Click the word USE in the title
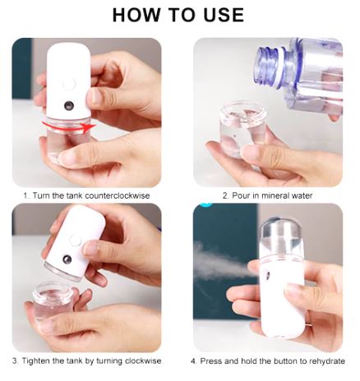tap(224, 15)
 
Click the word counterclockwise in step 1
tap(118, 195)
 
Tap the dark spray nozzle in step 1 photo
tap(68, 105)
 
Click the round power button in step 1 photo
tap(69, 83)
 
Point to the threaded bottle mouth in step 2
tap(270, 65)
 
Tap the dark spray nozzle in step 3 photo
tap(67, 259)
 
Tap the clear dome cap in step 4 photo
tap(281, 236)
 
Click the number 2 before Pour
tap(225, 195)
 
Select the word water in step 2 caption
tap(302, 195)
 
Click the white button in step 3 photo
tap(76, 240)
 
